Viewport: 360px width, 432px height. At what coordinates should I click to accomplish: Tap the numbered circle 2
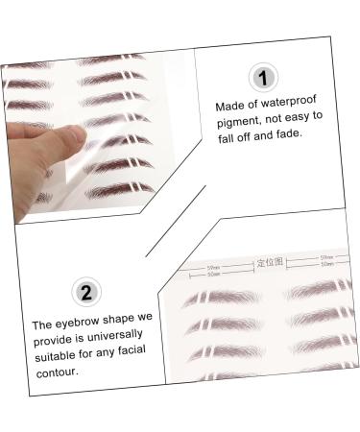[85, 292]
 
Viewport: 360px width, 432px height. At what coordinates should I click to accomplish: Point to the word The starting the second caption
[41, 324]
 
